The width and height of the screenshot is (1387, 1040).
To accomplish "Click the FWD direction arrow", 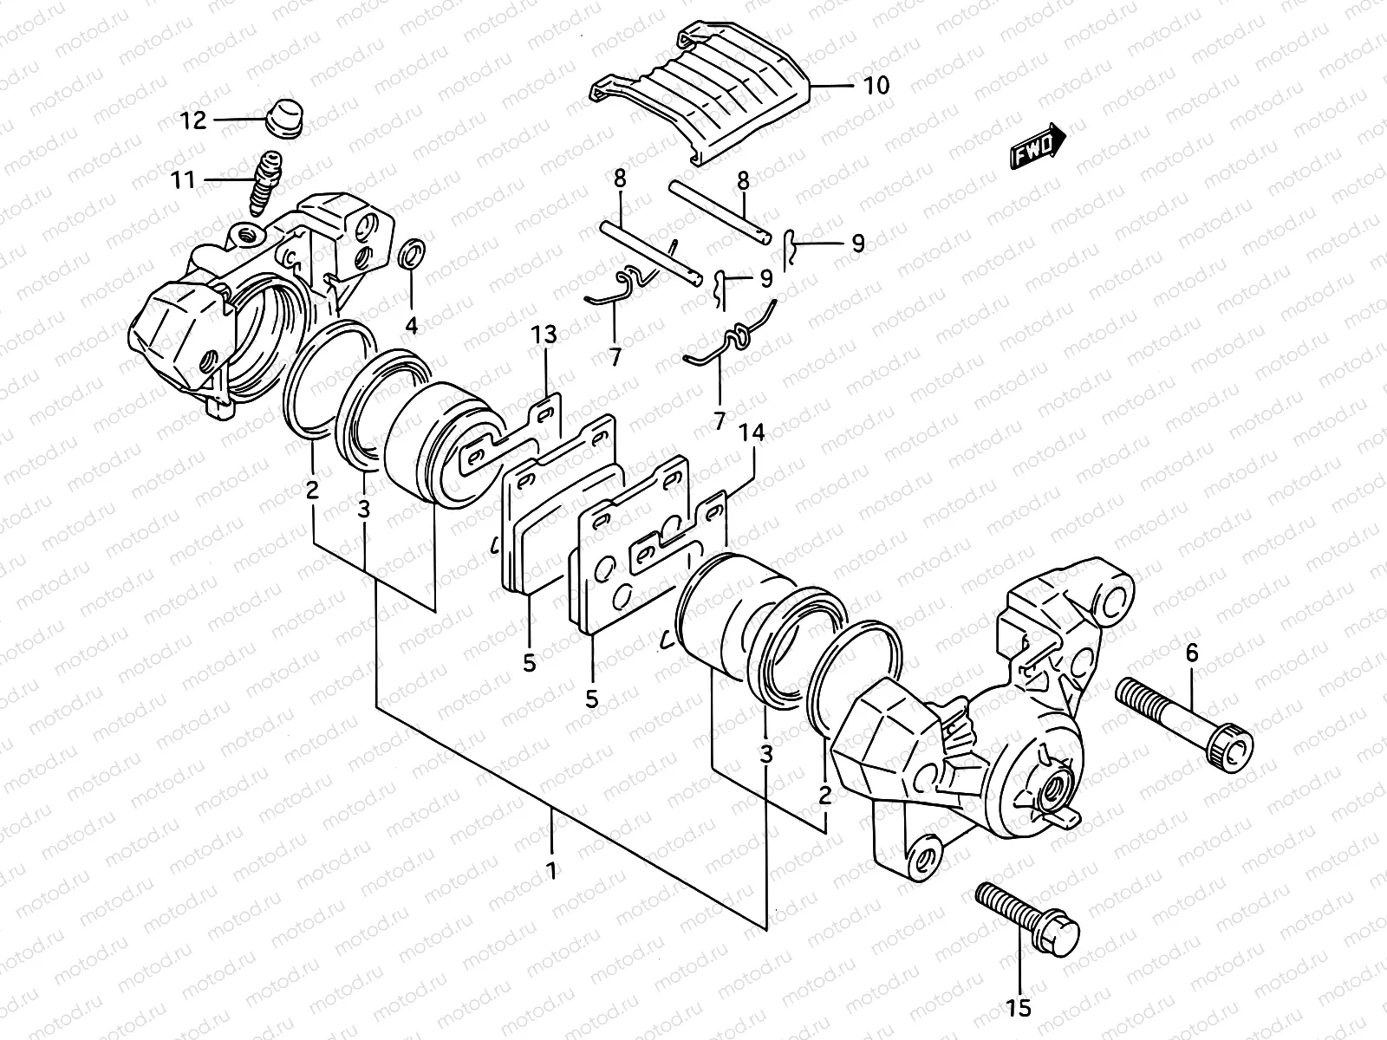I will point(1038,143).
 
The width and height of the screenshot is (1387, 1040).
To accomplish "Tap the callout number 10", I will point(876,85).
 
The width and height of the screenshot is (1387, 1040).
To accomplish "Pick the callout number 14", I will point(751,434).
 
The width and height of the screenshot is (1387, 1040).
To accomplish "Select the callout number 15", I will point(1019,1007).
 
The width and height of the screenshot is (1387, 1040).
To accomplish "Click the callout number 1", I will point(552,868).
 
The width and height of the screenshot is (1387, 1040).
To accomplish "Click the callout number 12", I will point(194,120).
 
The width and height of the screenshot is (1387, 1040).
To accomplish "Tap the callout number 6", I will point(1192,653).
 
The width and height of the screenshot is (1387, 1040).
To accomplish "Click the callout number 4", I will point(411,326).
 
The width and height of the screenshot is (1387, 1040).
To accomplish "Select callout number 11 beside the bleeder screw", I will point(183,180).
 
